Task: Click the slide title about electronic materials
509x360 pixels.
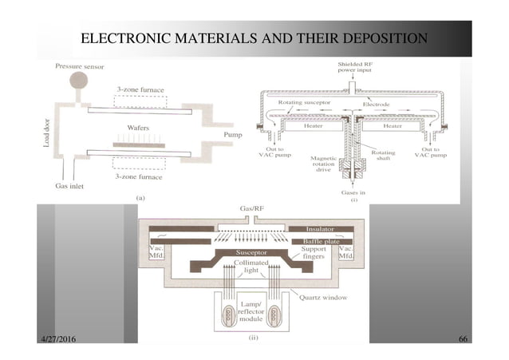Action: tap(254, 38)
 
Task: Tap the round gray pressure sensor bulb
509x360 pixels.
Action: tap(79, 81)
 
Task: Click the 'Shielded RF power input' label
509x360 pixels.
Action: tap(354, 65)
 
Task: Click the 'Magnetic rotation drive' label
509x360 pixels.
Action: tap(326, 164)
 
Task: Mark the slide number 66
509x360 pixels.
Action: tap(463, 341)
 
